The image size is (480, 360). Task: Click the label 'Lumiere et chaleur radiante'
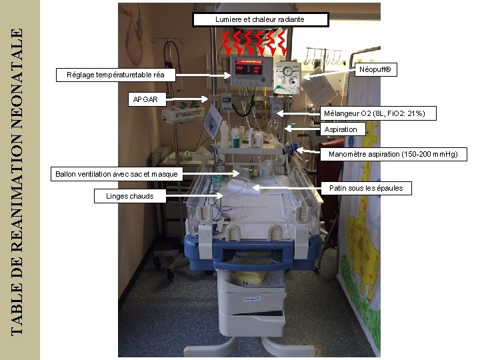260,19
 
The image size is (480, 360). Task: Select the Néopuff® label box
378,69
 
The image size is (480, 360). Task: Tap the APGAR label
145,99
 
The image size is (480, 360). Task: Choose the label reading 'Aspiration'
341,129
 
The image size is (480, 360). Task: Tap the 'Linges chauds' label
129,196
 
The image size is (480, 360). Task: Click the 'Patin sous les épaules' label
366,188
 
